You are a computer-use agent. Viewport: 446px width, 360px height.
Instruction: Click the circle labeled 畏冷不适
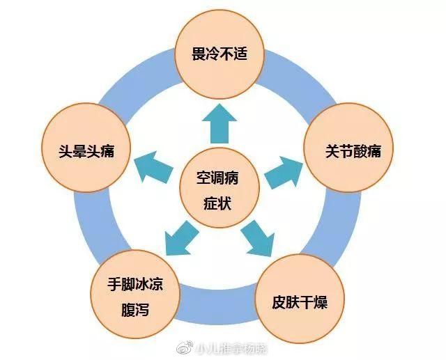click(220, 54)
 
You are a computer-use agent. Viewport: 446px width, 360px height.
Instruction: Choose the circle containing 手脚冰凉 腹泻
click(137, 296)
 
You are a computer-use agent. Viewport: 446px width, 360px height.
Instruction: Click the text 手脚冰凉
click(136, 285)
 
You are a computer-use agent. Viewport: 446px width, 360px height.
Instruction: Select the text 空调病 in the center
click(219, 177)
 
